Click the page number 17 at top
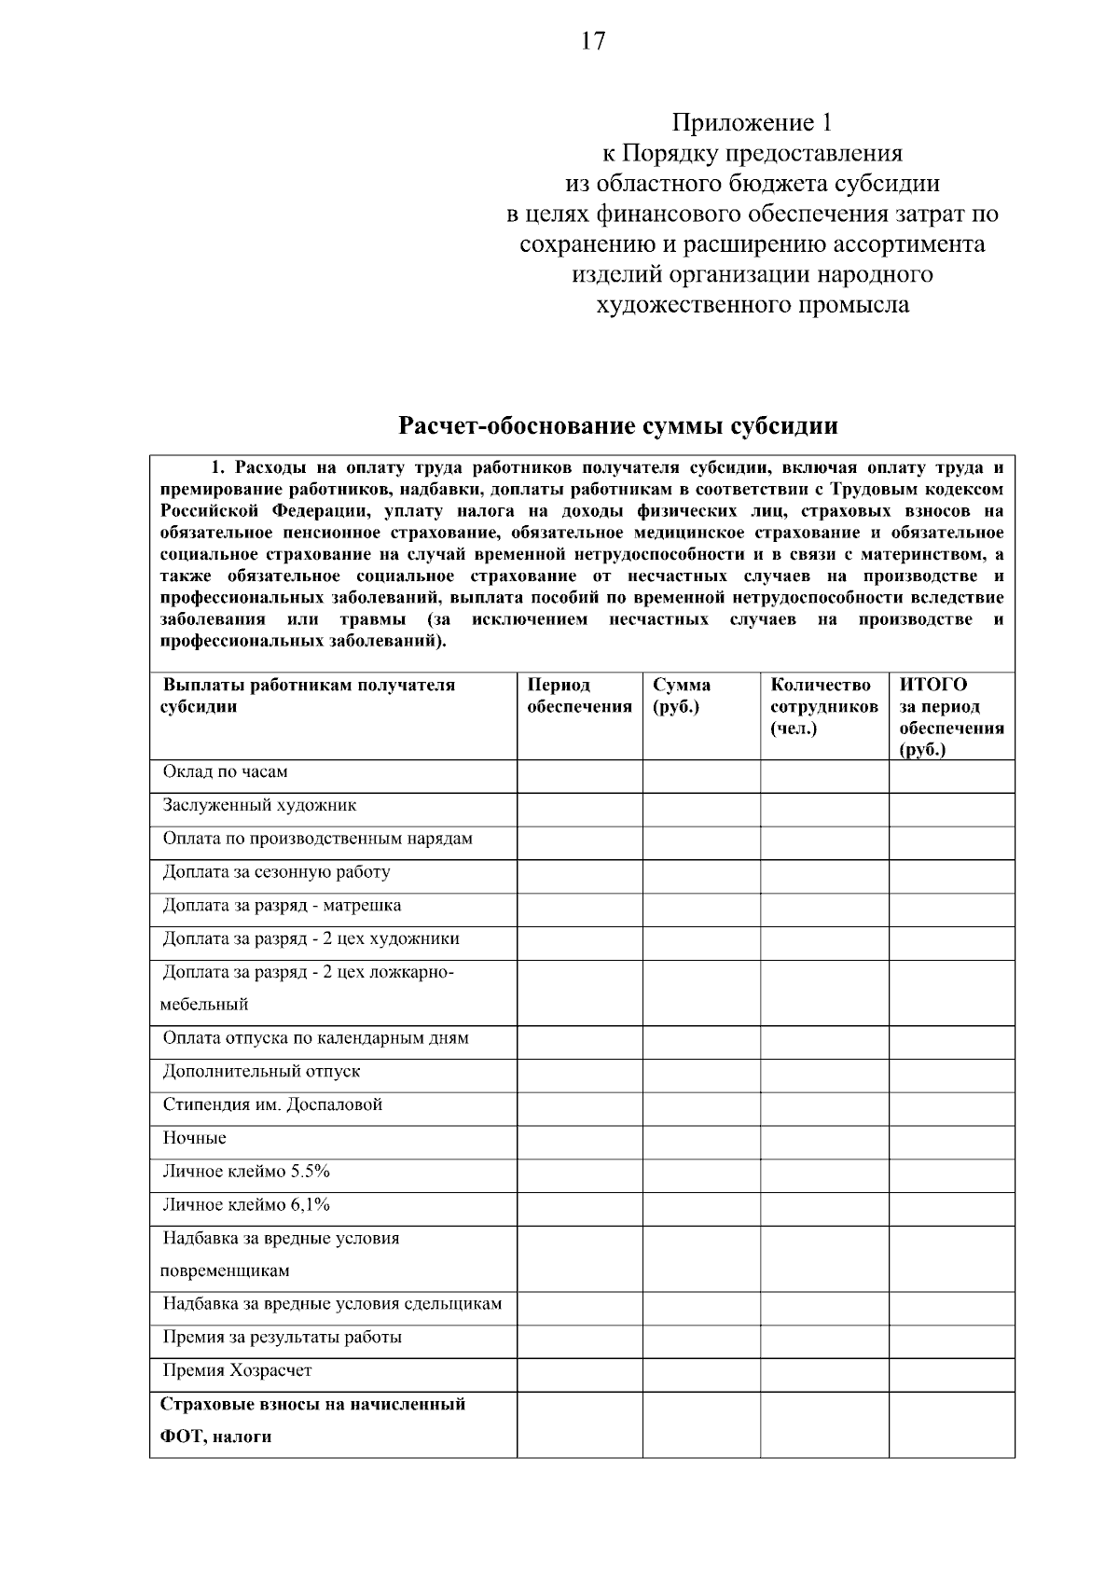592,42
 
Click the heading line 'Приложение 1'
752,123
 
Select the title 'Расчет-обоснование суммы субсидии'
617,426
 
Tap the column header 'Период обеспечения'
579,696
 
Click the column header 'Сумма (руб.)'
682,696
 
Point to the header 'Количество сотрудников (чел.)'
823,707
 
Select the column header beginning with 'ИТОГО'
950,716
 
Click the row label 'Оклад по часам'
225,772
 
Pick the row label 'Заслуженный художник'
259,805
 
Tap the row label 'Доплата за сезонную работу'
276,872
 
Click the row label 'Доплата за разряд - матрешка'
282,906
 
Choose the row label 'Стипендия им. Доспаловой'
272,1105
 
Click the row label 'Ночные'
194,1139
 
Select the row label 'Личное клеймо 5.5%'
246,1172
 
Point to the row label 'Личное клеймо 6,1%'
246,1205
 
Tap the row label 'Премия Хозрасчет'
237,1371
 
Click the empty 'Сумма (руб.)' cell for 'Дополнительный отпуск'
700,1073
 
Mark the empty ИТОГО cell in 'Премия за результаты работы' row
951,1339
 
